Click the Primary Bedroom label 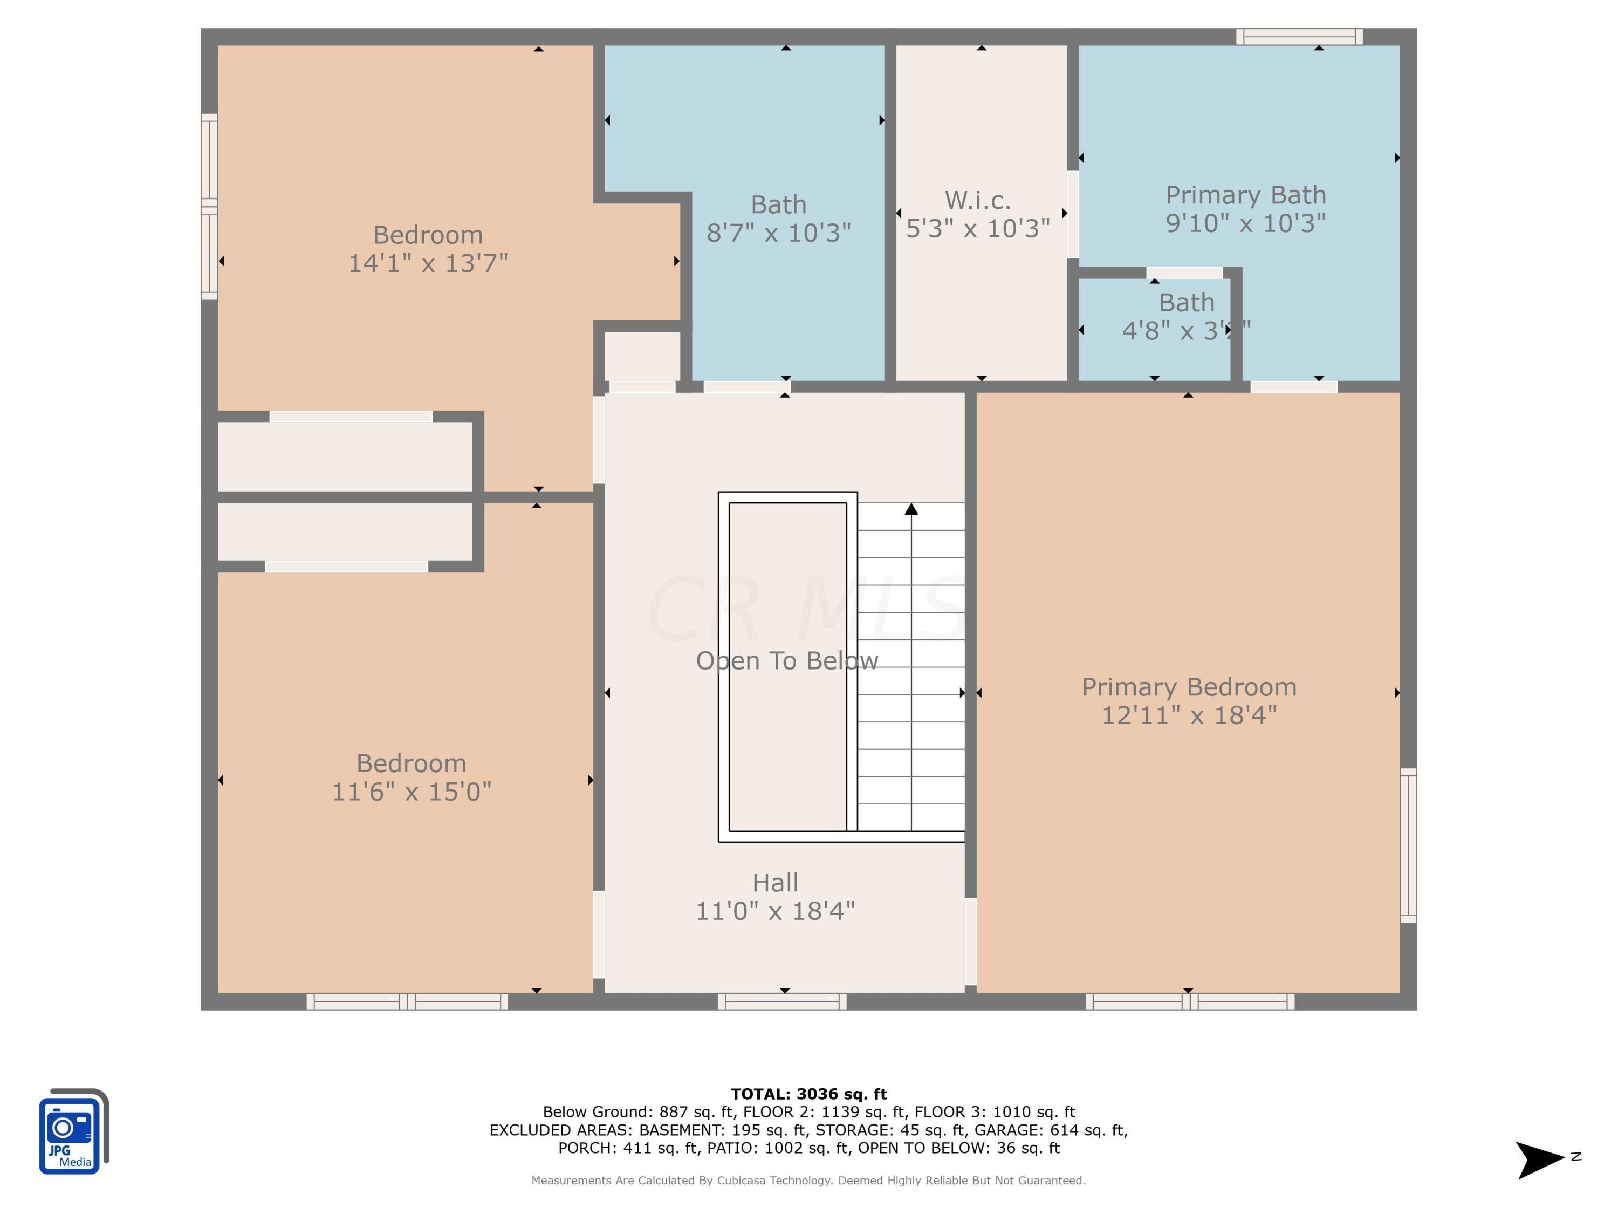[x=1189, y=687]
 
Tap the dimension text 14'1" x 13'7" [x=428, y=263]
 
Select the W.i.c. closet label [x=977, y=200]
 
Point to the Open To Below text [x=786, y=661]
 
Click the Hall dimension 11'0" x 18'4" [x=774, y=911]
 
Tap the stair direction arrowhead [x=911, y=509]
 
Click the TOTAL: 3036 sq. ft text [x=808, y=1094]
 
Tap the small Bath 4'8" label [x=1185, y=303]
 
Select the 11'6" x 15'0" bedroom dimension [x=411, y=792]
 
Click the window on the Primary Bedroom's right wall [x=1408, y=845]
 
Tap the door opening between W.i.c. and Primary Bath [x=1072, y=214]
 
